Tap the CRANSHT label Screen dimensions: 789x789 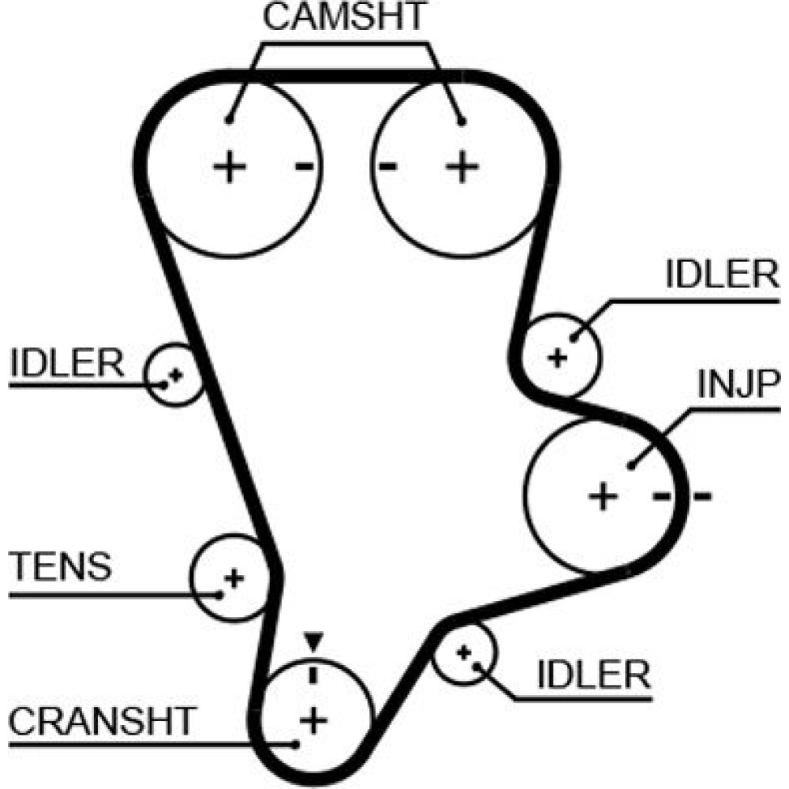point(103,720)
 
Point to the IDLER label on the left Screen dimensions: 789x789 point(68,365)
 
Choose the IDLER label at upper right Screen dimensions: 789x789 point(722,275)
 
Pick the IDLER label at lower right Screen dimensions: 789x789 point(593,675)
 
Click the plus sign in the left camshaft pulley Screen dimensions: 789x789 point(230,167)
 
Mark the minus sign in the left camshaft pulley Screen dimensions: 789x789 point(305,166)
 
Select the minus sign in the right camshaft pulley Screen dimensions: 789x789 point(387,166)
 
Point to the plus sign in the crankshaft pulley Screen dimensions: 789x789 point(314,720)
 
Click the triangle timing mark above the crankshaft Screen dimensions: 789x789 point(314,641)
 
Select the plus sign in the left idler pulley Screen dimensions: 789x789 point(176,375)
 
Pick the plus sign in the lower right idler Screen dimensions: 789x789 point(464,652)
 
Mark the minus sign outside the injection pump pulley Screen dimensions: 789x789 point(701,496)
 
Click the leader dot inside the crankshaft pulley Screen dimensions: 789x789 point(294,743)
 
